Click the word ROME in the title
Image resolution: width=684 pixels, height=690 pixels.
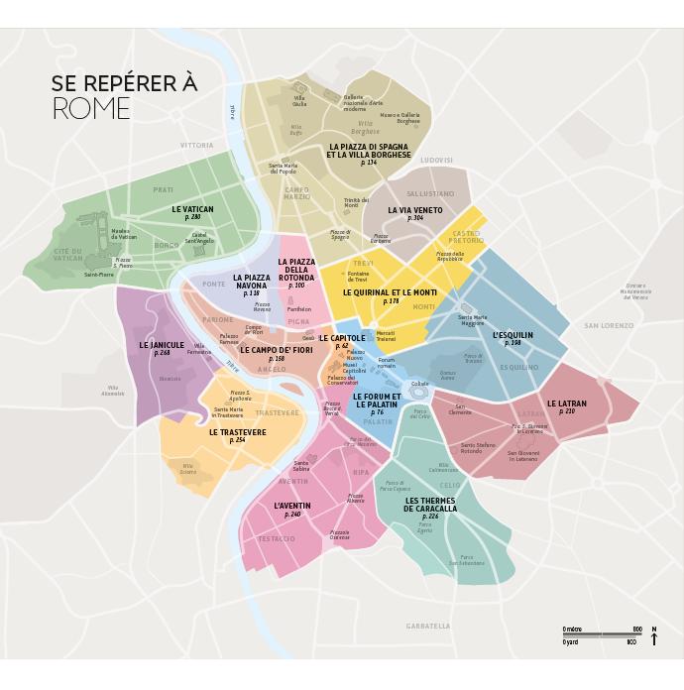point(91,109)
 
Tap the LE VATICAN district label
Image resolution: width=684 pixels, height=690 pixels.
point(192,210)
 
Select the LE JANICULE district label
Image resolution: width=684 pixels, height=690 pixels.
point(162,346)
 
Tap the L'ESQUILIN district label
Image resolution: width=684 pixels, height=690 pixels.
point(513,336)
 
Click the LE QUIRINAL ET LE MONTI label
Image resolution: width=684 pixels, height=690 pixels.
point(390,293)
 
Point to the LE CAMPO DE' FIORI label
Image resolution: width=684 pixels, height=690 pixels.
point(276,350)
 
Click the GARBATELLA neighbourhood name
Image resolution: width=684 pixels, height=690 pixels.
point(428,626)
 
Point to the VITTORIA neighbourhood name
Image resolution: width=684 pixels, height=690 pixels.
point(196,146)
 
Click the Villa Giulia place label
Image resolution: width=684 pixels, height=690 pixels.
point(299,100)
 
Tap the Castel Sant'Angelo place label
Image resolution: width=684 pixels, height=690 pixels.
point(202,238)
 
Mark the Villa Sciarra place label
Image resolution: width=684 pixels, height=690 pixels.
point(188,468)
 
